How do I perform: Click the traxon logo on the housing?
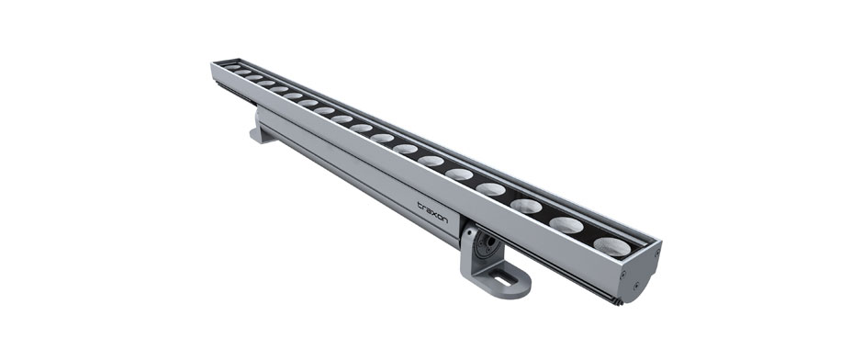coord(432,212)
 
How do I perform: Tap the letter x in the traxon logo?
coord(433,213)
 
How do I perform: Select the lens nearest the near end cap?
coord(612,246)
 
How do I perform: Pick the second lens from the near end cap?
coord(566,225)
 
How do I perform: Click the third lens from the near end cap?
coord(526,206)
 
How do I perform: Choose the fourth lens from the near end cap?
coord(491,189)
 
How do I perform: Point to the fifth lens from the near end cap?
coord(459,174)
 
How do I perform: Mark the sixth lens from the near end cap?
coord(431,161)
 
